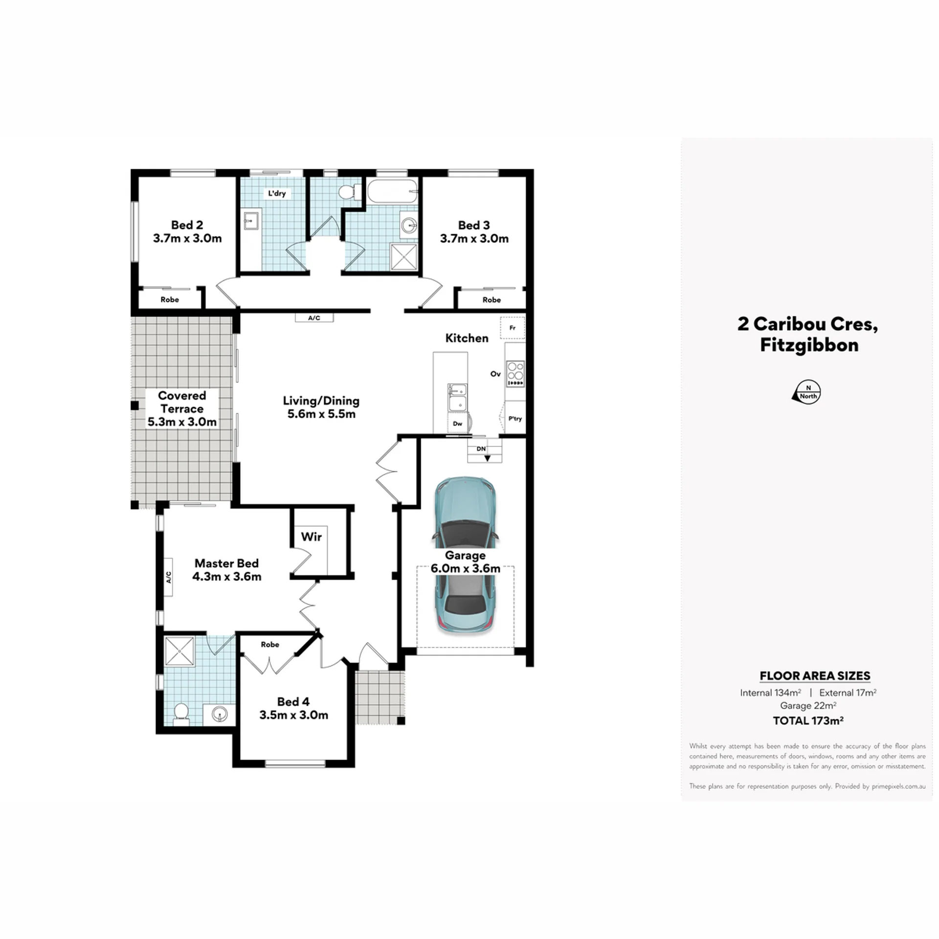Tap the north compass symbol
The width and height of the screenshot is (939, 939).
(806, 392)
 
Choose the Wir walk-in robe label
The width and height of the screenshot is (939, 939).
(311, 537)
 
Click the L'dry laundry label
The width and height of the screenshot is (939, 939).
(277, 193)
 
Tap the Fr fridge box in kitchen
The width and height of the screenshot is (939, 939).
(513, 328)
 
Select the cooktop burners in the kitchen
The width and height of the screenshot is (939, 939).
(515, 374)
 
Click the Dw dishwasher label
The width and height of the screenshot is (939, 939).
(457, 424)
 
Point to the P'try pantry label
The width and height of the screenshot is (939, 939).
(515, 419)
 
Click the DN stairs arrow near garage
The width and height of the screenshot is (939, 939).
(487, 458)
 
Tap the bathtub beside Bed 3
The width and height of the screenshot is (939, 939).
(393, 192)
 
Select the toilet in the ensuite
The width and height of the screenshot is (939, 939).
(181, 715)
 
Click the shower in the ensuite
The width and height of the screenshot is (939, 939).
(179, 651)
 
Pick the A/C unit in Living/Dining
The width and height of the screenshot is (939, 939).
(314, 318)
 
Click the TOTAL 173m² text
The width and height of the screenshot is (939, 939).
(808, 720)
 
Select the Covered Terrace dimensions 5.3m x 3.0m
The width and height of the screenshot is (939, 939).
(182, 422)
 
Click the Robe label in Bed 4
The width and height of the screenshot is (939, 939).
(270, 645)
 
